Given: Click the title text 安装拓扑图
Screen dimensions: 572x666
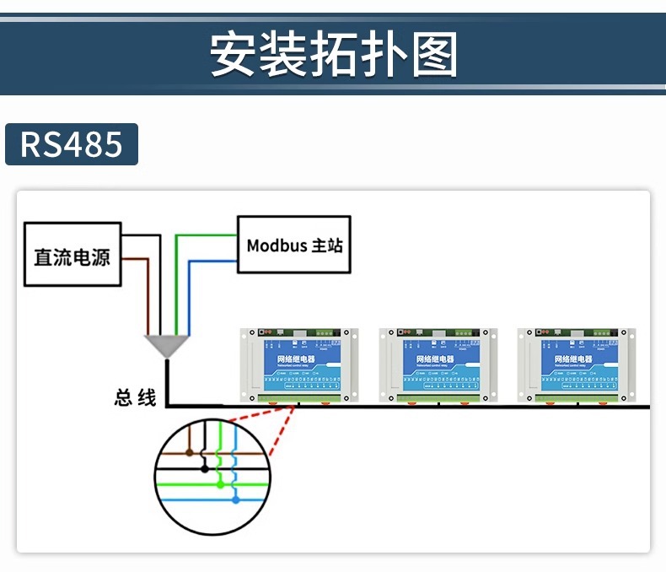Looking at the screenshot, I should tap(333, 55).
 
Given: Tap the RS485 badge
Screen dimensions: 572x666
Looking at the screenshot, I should tap(72, 144).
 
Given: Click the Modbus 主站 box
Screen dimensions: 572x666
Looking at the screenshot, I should tap(294, 246).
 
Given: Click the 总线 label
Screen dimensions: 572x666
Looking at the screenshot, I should tap(136, 397).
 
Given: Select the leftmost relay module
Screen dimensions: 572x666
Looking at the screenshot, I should tap(298, 364).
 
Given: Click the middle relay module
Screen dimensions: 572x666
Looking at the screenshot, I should tap(437, 364).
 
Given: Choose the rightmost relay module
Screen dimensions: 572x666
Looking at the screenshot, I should tap(577, 364).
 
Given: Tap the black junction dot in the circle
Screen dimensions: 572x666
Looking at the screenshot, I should tap(203, 467).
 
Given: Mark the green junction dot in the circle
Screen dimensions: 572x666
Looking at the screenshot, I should tap(220, 483).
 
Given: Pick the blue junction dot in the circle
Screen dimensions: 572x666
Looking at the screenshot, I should tap(235, 500).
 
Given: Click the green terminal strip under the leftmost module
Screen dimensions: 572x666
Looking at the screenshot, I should tap(299, 397).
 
